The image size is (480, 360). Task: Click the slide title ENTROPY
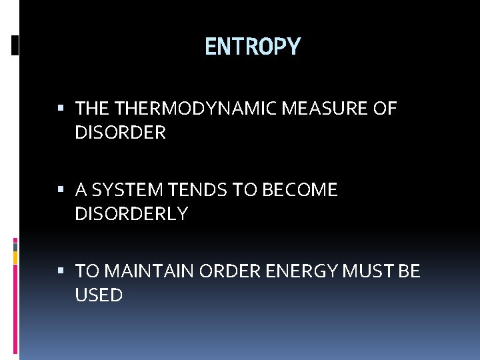(253, 47)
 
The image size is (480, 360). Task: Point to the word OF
(385, 109)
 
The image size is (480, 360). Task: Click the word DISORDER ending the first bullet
(120, 133)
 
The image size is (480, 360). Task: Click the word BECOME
(299, 190)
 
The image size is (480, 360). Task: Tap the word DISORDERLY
(131, 214)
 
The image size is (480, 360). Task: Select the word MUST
(361, 271)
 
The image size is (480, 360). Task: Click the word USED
(99, 295)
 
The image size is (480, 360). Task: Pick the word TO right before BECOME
(245, 190)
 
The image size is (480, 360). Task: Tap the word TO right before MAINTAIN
(87, 271)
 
